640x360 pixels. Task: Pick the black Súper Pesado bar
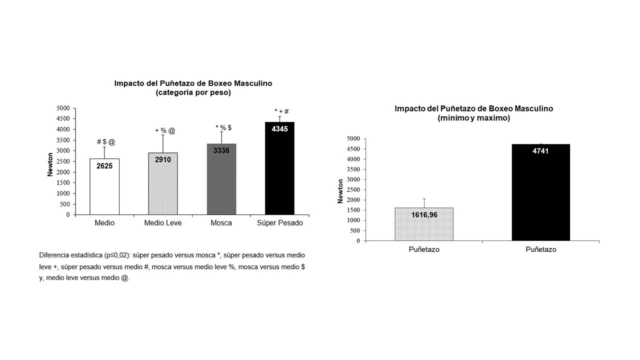[279, 175]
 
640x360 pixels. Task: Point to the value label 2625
[104, 165]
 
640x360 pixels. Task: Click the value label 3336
[221, 150]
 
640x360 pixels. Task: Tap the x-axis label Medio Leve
[163, 223]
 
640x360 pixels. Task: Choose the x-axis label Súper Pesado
[280, 223]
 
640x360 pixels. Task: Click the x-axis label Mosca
[221, 223]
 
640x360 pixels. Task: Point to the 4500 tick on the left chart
[63, 118]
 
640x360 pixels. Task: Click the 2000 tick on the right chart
[354, 200]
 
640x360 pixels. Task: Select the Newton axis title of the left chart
[50, 161]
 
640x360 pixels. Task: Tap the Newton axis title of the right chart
[340, 190]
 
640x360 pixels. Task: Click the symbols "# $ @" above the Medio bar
[105, 142]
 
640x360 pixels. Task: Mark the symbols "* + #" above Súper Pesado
[281, 111]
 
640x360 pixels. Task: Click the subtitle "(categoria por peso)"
[193, 92]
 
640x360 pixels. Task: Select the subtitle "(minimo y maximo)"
[473, 118]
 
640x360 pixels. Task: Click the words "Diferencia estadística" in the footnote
[71, 255]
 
